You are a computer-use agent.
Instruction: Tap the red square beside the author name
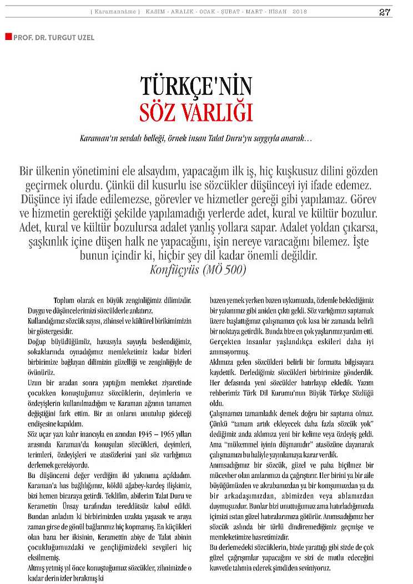tap(8, 36)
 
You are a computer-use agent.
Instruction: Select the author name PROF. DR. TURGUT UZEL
tap(50, 37)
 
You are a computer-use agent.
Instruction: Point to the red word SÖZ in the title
tap(161, 111)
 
